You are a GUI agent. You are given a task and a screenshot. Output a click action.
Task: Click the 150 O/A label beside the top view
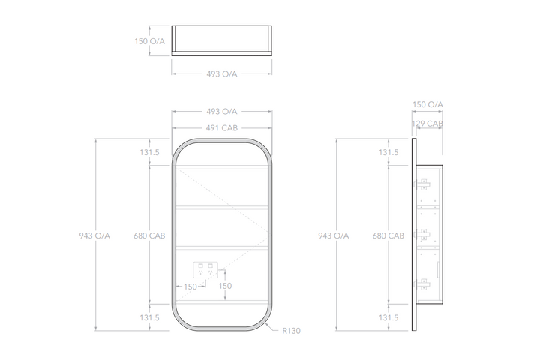149,41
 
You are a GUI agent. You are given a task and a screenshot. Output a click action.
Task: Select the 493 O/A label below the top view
222,74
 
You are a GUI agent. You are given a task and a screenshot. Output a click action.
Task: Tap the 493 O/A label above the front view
222,112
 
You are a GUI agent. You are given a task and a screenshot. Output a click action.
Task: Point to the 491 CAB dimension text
222,128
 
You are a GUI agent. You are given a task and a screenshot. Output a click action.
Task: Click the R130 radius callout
291,331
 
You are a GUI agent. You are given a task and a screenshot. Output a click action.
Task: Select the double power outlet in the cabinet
205,270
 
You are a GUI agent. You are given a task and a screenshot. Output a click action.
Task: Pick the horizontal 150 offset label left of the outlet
190,286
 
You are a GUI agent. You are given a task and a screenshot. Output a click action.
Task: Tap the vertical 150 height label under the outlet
225,286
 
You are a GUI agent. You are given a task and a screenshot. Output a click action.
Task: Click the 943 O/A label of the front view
94,235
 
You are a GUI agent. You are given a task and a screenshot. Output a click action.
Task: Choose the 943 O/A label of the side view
333,235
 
